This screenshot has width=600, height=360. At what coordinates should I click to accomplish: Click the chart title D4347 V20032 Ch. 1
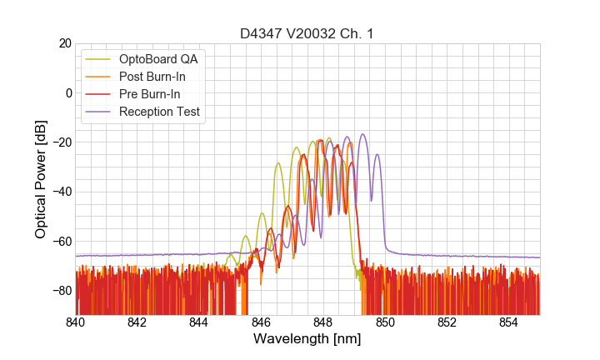coord(307,33)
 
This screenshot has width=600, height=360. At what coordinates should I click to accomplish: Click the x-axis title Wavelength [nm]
coord(307,340)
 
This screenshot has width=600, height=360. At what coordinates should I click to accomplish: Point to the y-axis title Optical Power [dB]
coord(41,178)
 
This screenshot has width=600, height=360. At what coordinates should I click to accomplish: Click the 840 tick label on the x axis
coord(75,322)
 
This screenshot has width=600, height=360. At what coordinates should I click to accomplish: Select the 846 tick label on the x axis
coord(261,322)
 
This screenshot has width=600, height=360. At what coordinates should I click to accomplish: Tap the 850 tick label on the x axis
coord(385,322)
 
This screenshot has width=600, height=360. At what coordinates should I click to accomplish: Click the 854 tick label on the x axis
coord(508,322)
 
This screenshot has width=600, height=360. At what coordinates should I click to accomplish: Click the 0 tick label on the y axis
coord(68,92)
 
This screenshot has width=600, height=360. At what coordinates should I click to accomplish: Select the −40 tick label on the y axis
coord(60,192)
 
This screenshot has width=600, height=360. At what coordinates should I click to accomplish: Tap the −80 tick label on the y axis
coord(60,291)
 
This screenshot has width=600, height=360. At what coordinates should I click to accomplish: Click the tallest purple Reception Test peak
coord(362,134)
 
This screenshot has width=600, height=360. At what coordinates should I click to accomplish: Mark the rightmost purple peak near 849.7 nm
coord(377,154)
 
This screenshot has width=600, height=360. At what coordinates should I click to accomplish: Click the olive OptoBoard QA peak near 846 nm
coord(262,213)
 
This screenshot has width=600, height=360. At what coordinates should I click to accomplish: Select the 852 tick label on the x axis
coord(447,322)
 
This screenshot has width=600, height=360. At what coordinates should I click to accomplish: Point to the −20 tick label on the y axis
coord(60,142)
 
